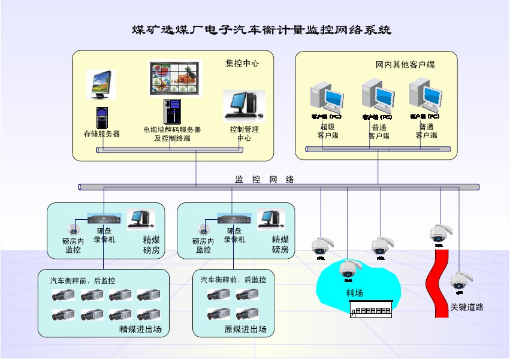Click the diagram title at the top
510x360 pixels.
[x=261, y=29]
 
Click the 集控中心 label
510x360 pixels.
[x=242, y=63]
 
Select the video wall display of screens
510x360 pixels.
[x=175, y=77]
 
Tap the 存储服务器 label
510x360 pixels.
[x=102, y=134]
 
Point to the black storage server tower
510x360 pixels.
[x=101, y=117]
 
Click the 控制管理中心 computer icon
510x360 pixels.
[x=243, y=104]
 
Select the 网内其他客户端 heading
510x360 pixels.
[x=405, y=64]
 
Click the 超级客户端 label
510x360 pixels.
[x=328, y=131]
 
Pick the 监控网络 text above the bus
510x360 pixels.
[x=264, y=179]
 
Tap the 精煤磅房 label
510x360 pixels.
[x=151, y=244]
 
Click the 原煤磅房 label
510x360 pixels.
[x=280, y=244]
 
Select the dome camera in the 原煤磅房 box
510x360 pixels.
[x=204, y=229]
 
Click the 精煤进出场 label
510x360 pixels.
[x=140, y=329]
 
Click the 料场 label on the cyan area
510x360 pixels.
[x=355, y=293]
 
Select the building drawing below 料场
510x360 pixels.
[x=370, y=309]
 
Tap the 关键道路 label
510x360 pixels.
[x=467, y=307]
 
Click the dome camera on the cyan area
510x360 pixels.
[x=349, y=269]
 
